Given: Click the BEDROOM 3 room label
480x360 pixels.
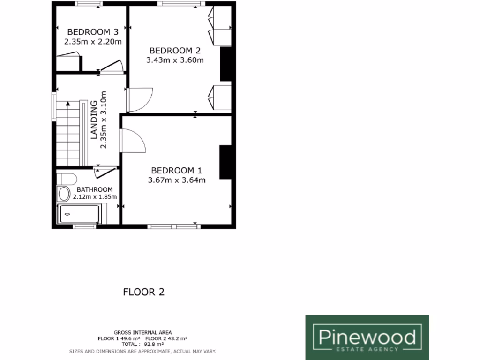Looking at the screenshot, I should [x=93, y=32].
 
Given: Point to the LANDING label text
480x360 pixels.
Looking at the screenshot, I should [x=94, y=120].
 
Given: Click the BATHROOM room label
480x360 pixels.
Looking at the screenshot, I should [x=95, y=189].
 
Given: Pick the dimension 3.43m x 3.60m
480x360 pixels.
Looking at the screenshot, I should [x=175, y=60].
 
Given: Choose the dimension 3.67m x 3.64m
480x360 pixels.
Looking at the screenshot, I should [x=177, y=180].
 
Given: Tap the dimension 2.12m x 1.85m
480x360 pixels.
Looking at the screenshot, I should [x=95, y=197].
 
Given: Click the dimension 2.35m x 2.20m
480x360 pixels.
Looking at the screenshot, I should [x=93, y=41].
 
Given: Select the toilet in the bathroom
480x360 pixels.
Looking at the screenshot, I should [x=67, y=178].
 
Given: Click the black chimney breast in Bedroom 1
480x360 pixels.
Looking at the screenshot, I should [x=225, y=162].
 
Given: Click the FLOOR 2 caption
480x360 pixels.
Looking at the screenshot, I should [x=144, y=292].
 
